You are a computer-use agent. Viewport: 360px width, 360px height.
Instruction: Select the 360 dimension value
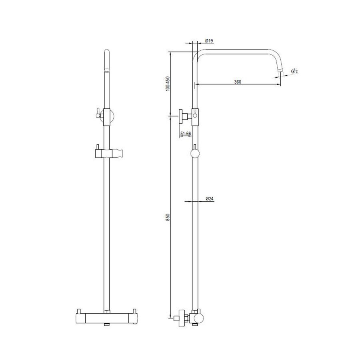pos(237,82)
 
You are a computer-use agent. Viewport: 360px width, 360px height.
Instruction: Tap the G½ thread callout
pos(295,71)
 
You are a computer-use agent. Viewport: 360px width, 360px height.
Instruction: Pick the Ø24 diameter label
pos(209,198)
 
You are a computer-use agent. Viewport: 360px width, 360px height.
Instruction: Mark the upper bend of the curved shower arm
pos(200,53)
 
